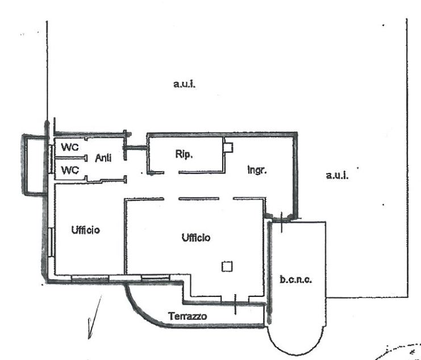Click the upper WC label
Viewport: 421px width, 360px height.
(70, 147)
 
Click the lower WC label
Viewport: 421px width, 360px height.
(70, 170)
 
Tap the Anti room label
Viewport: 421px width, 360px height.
(103, 158)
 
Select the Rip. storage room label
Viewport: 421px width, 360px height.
(184, 154)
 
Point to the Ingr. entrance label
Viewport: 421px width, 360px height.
(257, 170)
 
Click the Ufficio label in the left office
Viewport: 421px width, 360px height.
(85, 230)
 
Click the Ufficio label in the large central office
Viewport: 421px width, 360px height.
(196, 237)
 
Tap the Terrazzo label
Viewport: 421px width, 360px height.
(187, 316)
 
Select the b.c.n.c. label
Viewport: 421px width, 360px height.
(295, 280)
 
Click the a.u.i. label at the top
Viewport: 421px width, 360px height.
(185, 84)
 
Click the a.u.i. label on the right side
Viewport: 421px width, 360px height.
(337, 175)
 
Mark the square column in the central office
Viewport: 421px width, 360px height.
(227, 266)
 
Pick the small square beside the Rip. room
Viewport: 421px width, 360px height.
(228, 148)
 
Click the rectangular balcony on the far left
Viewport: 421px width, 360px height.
(24, 164)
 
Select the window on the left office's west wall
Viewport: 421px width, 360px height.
(51, 242)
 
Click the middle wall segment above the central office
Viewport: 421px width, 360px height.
(199, 198)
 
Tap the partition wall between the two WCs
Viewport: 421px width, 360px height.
(71, 158)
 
